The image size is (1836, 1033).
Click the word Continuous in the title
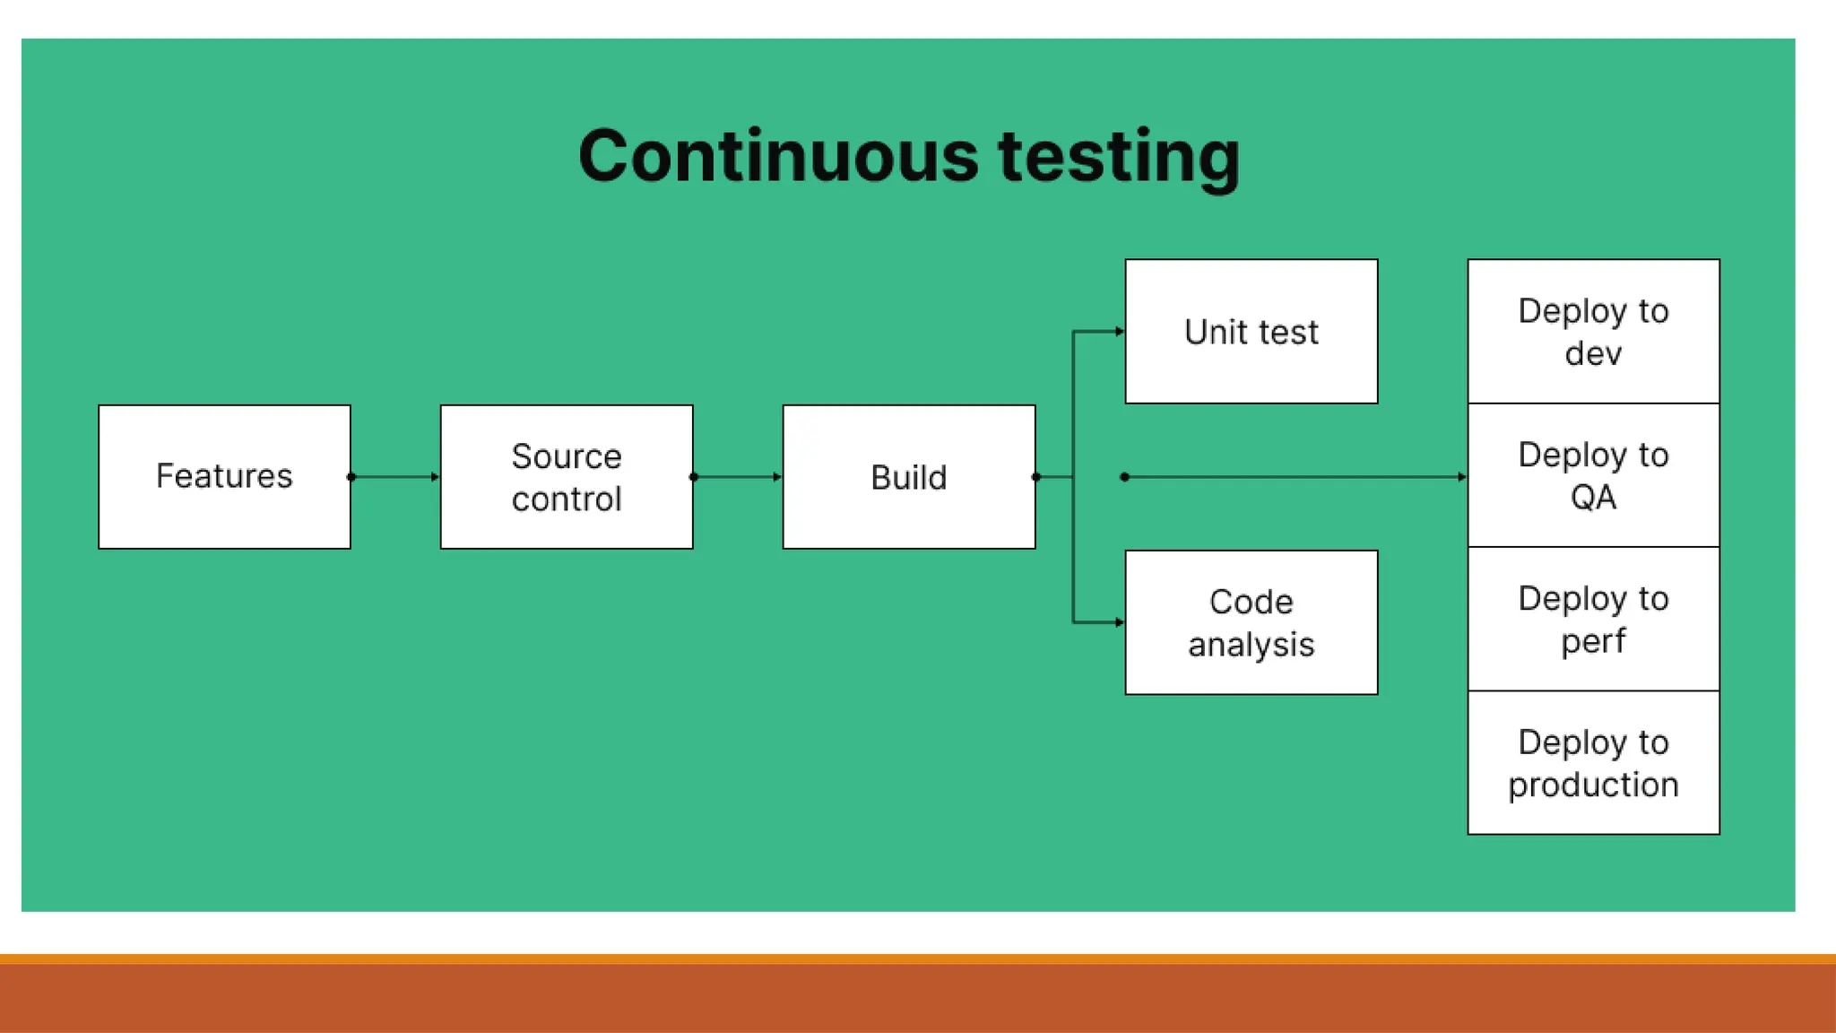click(x=778, y=157)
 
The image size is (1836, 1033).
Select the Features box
click(x=224, y=476)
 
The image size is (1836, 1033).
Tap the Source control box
click(x=567, y=476)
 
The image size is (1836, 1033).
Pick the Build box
click(x=909, y=476)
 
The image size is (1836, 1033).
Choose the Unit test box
click(x=1251, y=332)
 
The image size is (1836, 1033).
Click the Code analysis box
click(x=1251, y=622)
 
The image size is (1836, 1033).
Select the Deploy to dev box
click(x=1593, y=332)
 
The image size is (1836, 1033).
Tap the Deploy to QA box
click(x=1593, y=475)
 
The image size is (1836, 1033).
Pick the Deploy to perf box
click(x=1593, y=619)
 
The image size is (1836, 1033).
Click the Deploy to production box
click(x=1593, y=762)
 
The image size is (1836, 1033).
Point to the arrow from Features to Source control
click(x=395, y=477)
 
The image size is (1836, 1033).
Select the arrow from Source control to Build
click(x=738, y=477)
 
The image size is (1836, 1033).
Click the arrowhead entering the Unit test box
click(x=1120, y=332)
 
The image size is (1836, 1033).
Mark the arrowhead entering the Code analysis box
click(x=1120, y=622)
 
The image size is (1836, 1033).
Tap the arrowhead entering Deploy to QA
click(x=1462, y=477)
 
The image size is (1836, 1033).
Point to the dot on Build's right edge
click(x=1036, y=477)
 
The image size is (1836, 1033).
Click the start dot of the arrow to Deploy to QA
click(x=1125, y=477)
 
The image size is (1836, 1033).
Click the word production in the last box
click(x=1593, y=786)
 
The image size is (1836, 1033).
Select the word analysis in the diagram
click(x=1251, y=645)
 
